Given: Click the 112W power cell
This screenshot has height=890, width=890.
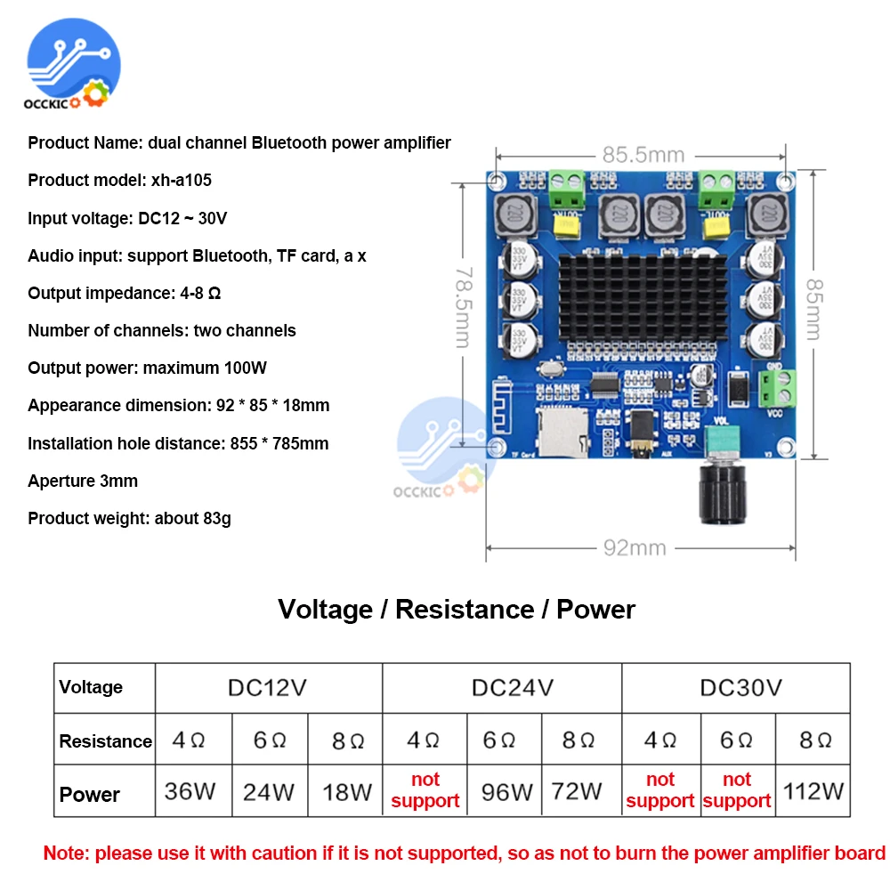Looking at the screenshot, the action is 813,790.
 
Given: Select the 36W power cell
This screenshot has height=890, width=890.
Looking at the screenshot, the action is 190,790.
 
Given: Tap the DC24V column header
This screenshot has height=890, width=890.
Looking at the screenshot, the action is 503,687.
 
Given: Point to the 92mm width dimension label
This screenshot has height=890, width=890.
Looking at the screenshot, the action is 635,547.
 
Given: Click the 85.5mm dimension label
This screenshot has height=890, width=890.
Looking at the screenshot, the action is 643,154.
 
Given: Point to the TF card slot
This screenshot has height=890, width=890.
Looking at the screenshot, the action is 560,431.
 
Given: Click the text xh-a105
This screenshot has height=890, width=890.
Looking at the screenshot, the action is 181,181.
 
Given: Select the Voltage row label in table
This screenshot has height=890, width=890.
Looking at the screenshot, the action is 91,687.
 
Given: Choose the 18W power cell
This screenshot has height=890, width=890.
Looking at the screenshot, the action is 347,790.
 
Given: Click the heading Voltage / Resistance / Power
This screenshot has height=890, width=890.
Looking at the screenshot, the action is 457,610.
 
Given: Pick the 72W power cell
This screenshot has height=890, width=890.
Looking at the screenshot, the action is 577,790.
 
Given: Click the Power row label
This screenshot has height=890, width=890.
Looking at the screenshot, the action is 89,794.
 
